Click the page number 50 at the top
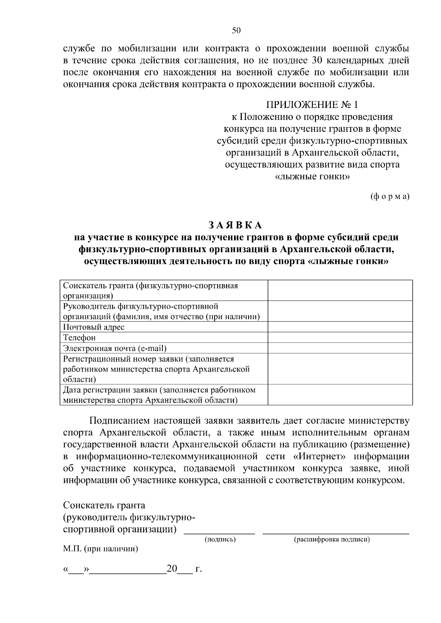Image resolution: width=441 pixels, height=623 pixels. click(x=236, y=31)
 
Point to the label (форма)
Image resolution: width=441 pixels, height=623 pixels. click(x=390, y=196)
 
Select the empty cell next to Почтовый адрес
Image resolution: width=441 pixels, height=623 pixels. click(x=340, y=327)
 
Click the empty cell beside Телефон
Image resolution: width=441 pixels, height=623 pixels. click(x=340, y=337)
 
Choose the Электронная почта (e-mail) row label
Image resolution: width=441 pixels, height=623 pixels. click(x=115, y=348)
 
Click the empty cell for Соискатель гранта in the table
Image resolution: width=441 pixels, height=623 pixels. click(x=340, y=290)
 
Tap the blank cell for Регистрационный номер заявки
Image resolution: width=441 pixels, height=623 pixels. click(x=340, y=369)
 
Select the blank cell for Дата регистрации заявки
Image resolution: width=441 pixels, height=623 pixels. click(x=340, y=395)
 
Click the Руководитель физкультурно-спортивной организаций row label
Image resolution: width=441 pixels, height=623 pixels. click(x=161, y=311)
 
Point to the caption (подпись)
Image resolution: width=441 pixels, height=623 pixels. click(x=220, y=539)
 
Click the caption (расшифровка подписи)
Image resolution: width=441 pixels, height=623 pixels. click(x=331, y=539)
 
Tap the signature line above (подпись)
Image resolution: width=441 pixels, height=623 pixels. click(x=219, y=533)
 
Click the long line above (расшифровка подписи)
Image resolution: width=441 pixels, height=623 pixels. click(x=336, y=533)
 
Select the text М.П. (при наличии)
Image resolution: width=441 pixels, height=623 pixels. click(x=100, y=549)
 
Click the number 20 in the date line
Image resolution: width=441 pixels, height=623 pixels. click(x=172, y=569)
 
